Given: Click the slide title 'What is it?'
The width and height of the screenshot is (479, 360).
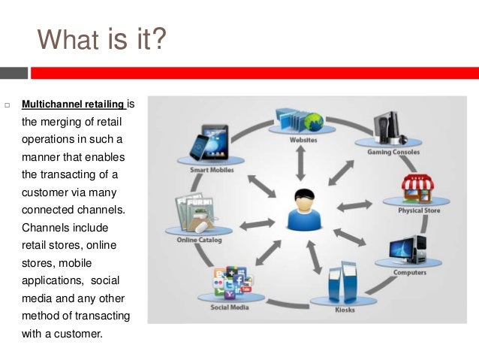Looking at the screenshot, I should pos(102,39).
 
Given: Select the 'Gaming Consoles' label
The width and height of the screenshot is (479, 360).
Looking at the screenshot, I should pos(393,152).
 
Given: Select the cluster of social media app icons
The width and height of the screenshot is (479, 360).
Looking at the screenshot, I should pos(232,285).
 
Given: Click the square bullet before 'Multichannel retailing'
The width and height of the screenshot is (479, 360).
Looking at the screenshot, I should pos(7,104).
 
